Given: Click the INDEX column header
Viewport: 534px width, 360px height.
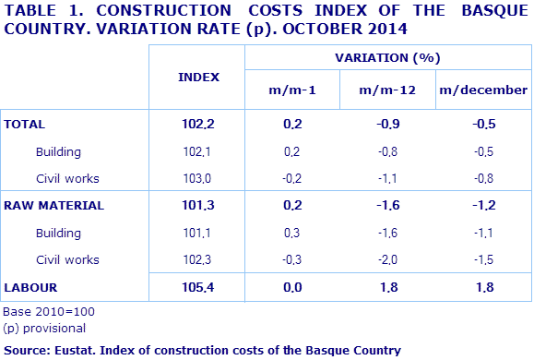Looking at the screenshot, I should pyautogui.click(x=198, y=77).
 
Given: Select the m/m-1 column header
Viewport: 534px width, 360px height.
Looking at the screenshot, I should pyautogui.click(x=292, y=90).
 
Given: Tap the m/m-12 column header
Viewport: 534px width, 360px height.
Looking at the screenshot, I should pyautogui.click(x=387, y=90).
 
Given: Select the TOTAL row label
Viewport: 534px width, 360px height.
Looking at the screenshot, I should pyautogui.click(x=25, y=124).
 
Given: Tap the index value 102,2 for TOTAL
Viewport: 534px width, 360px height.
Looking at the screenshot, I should pyautogui.click(x=198, y=124).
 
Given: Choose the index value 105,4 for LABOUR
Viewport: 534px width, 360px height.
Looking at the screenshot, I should pyautogui.click(x=198, y=288).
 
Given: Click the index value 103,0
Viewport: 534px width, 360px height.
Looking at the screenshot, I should pyautogui.click(x=198, y=178).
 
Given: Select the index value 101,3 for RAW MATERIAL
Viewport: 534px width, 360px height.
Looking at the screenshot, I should pyautogui.click(x=198, y=206).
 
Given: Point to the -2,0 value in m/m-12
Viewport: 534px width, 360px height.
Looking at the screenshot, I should pyautogui.click(x=387, y=260).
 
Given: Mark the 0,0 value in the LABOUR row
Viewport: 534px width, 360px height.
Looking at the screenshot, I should pyautogui.click(x=292, y=288).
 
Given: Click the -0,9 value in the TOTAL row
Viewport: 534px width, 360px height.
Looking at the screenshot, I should pyautogui.click(x=387, y=124).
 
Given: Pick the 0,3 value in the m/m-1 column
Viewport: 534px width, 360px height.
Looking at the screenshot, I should pyautogui.click(x=292, y=234).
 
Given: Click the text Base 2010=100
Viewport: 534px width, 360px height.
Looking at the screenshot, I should pyautogui.click(x=49, y=312).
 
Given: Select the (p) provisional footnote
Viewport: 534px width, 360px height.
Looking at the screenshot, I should pyautogui.click(x=45, y=328).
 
